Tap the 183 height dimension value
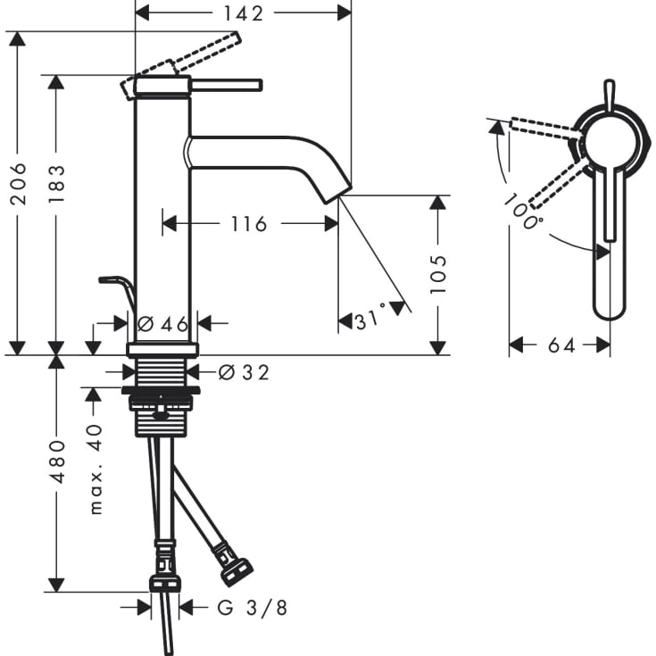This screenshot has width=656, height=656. pyautogui.click(x=55, y=184)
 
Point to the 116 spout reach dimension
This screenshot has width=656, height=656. pyautogui.click(x=248, y=223)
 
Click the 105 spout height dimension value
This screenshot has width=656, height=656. pyautogui.click(x=436, y=274)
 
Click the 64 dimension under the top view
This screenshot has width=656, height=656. pyautogui.click(x=561, y=345)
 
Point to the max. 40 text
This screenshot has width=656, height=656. pyautogui.click(x=96, y=469)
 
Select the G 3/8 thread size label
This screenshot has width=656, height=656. pyautogui.click(x=253, y=608)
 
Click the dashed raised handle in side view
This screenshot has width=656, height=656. pyautogui.click(x=205, y=51)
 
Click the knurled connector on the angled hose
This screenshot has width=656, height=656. pyautogui.click(x=237, y=569)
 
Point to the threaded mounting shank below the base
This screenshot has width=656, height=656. pyautogui.click(x=161, y=371)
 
